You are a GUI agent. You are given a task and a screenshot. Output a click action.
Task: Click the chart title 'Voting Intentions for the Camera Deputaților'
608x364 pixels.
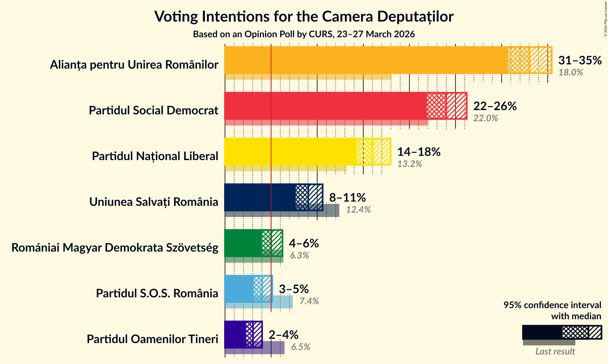click(304, 16)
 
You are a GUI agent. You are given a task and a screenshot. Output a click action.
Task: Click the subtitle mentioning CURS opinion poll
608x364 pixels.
click(304, 34)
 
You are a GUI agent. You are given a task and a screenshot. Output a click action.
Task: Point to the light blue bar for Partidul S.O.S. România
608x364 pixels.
click(239, 289)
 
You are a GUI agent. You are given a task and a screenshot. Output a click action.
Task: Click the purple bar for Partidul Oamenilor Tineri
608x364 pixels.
click(235, 335)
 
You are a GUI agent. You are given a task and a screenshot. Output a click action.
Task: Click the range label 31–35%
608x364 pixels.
click(580, 60)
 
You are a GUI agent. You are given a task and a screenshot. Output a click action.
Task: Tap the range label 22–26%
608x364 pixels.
click(495, 106)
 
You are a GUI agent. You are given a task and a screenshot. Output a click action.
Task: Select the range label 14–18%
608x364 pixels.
click(419, 152)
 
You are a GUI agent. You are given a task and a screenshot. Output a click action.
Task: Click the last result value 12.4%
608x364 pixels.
click(358, 210)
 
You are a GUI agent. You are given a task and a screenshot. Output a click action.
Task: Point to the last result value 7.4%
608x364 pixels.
click(309, 301)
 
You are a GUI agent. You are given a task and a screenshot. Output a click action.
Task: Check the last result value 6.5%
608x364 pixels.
click(301, 347)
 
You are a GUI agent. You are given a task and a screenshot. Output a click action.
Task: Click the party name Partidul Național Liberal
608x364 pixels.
click(155, 156)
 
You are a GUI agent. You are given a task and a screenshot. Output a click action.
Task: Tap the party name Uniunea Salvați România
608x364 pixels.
click(154, 202)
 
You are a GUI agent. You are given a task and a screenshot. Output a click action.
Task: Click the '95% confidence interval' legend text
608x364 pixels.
click(552, 305)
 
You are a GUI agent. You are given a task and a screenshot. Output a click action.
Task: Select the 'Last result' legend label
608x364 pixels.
click(555, 352)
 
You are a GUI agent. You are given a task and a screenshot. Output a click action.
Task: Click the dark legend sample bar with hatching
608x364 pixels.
click(562, 332)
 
